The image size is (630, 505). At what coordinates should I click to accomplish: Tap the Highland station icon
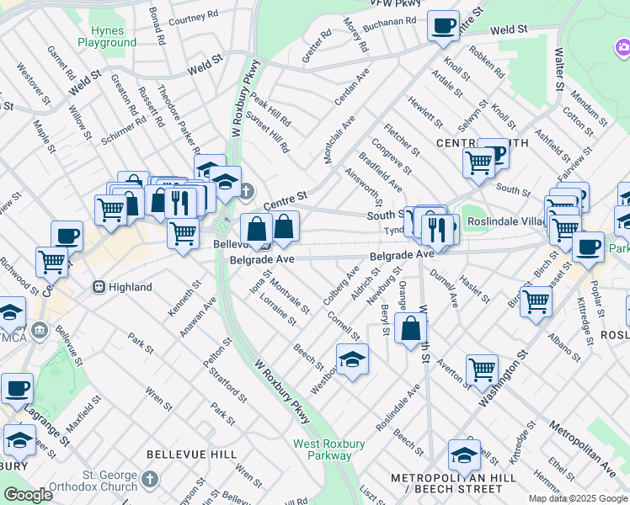click(99, 287)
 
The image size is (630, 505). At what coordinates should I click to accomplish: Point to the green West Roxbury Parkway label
click(322, 449)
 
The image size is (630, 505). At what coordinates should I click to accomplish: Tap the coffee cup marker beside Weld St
click(443, 25)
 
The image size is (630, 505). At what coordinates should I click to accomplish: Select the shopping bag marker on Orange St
click(410, 329)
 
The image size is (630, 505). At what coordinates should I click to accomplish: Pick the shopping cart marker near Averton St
click(481, 369)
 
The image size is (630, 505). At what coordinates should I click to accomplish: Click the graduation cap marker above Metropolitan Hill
click(464, 454)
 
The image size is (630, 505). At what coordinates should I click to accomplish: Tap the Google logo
click(28, 495)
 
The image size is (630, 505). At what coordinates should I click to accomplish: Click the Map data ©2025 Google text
click(578, 498)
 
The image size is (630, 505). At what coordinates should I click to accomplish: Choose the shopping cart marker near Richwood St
click(52, 262)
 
